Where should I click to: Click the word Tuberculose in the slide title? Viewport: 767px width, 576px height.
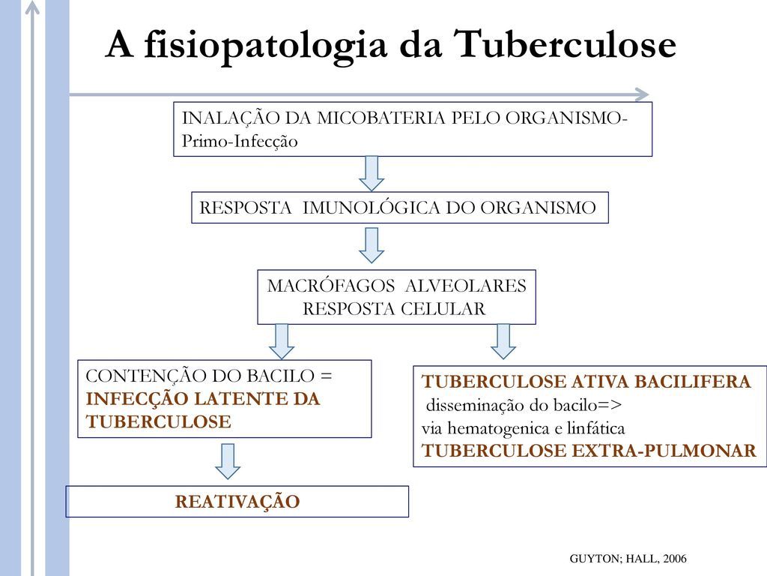pyautogui.click(x=566, y=46)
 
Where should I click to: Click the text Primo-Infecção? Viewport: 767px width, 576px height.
pyautogui.click(x=240, y=141)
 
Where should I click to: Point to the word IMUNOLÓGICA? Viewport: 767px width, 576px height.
pyautogui.click(x=372, y=208)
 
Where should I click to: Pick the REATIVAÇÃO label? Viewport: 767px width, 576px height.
pyautogui.click(x=237, y=502)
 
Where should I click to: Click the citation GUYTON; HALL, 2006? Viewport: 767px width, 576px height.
pyautogui.click(x=628, y=559)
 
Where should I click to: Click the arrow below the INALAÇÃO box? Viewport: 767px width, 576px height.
pyautogui.click(x=372, y=172)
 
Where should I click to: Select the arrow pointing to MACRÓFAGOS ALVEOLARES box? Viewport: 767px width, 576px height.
pyautogui.click(x=372, y=244)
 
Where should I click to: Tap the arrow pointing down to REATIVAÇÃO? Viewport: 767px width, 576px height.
pyautogui.click(x=228, y=460)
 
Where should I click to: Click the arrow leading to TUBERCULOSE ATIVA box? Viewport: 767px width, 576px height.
pyautogui.click(x=504, y=340)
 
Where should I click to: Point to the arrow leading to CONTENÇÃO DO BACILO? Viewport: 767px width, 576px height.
pyautogui.click(x=282, y=340)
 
